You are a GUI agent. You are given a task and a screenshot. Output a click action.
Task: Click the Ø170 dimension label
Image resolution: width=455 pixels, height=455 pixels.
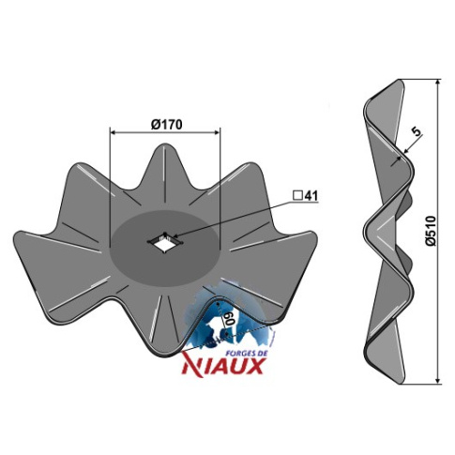(166, 125)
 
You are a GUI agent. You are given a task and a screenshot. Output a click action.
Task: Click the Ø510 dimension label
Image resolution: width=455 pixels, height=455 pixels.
(431, 231)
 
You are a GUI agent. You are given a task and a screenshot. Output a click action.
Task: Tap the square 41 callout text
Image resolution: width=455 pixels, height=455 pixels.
(305, 196)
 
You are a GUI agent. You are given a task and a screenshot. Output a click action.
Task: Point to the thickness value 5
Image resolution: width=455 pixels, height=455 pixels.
(416, 131)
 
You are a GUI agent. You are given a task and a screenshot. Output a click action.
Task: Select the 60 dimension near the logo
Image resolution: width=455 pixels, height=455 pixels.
(229, 319)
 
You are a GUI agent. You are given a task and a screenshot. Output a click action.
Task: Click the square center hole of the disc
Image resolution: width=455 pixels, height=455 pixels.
(162, 242)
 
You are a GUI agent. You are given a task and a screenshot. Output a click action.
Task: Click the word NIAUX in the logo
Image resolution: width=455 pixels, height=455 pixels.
(222, 366)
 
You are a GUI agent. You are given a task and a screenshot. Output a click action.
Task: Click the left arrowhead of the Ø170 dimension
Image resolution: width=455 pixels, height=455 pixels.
(112, 132)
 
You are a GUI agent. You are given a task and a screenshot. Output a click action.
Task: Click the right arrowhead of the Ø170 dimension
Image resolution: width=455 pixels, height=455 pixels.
(218, 132)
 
